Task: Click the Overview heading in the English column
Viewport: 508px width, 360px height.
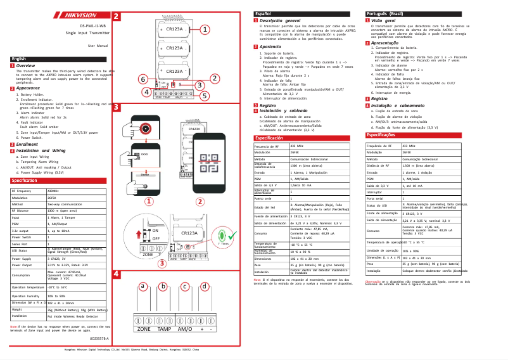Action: pyautogui.click(x=25, y=66)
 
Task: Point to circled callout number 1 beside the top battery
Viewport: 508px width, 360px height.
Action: pyautogui.click(x=206, y=29)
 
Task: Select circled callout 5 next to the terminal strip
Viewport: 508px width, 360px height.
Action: pyautogui.click(x=204, y=96)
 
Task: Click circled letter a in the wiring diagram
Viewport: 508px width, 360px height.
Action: pyautogui.click(x=143, y=286)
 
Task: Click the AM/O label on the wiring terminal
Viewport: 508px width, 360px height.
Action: pyautogui.click(x=186, y=330)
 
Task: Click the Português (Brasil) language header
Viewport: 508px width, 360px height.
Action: pyautogui.click(x=388, y=13)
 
